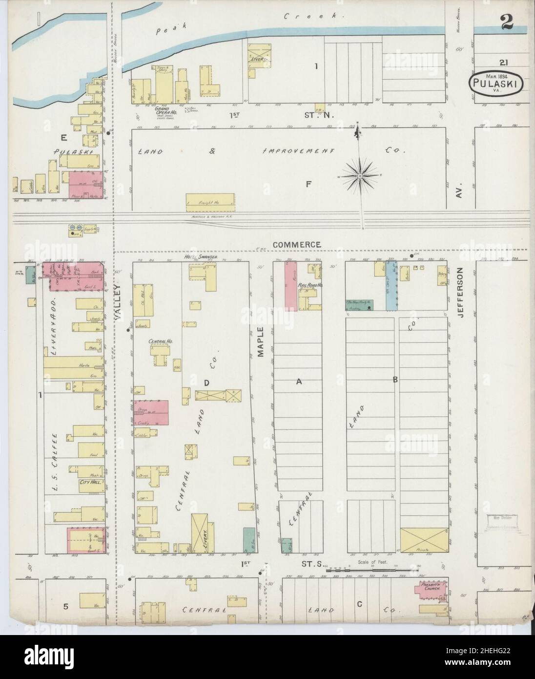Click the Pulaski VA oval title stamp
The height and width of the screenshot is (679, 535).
tap(497, 84)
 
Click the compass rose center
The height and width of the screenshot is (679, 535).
tap(360, 174)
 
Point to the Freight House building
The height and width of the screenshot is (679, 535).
tap(211, 202)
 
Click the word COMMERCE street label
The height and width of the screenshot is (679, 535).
tap(296, 244)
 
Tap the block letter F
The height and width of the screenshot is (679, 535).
tap(309, 184)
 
